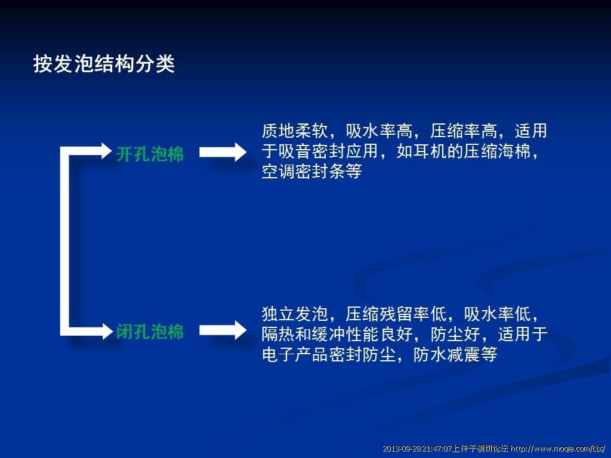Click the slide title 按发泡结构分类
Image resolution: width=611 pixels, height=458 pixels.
pos(104,63)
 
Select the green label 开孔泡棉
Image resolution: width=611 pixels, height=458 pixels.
pos(150,154)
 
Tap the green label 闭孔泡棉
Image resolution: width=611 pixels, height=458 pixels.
pos(150,332)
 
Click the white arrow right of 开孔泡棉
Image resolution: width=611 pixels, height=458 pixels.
pos(223,152)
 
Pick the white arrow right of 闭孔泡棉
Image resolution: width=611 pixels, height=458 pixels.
pos(223,330)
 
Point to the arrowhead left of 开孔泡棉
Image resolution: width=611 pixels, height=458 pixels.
pos(107,151)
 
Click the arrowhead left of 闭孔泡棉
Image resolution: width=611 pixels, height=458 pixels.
pos(107,331)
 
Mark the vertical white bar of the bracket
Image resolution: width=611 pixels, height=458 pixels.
pos(64,241)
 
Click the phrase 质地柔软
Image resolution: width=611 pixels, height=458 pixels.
pos(295,131)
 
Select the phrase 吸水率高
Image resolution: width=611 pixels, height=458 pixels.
pos(379,131)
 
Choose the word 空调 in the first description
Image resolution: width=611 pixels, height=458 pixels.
pos(278,171)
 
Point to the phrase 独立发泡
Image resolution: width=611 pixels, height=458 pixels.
pos(295,314)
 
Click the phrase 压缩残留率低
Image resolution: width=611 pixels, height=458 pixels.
pos(396,314)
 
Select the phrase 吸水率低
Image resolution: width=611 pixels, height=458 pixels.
pos(498,314)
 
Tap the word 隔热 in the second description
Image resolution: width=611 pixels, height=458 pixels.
pos(278,334)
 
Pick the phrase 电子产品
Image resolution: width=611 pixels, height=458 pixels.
pos(295,354)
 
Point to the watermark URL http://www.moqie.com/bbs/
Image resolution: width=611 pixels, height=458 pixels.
pos(558,448)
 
